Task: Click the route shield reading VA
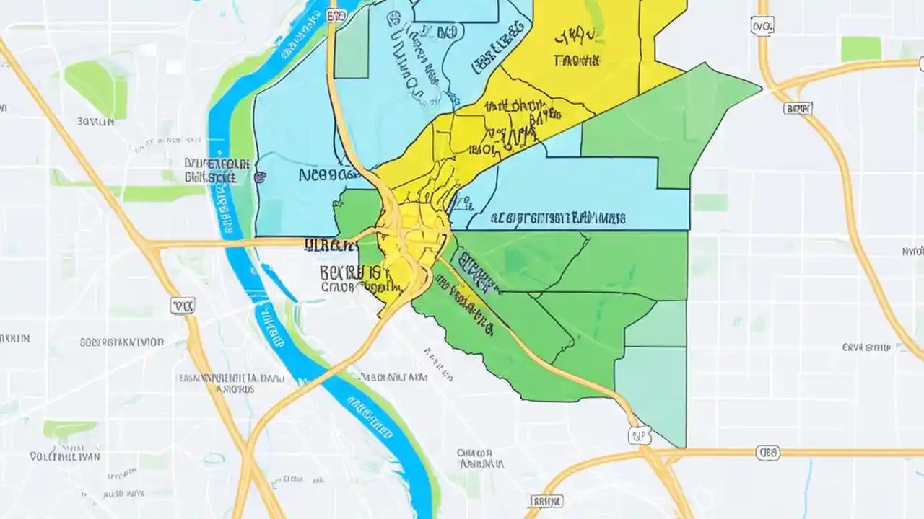pyautogui.click(x=183, y=306)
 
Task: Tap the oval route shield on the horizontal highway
pyautogui.click(x=767, y=453)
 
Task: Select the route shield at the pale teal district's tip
pyautogui.click(x=638, y=434)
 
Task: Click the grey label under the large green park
pyautogui.click(x=95, y=123)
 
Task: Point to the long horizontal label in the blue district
pyautogui.click(x=558, y=217)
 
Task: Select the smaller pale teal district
pyautogui.click(x=657, y=324)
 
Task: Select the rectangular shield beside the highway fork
pyautogui.click(x=797, y=108)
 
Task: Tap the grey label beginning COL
pyautogui.click(x=65, y=456)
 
